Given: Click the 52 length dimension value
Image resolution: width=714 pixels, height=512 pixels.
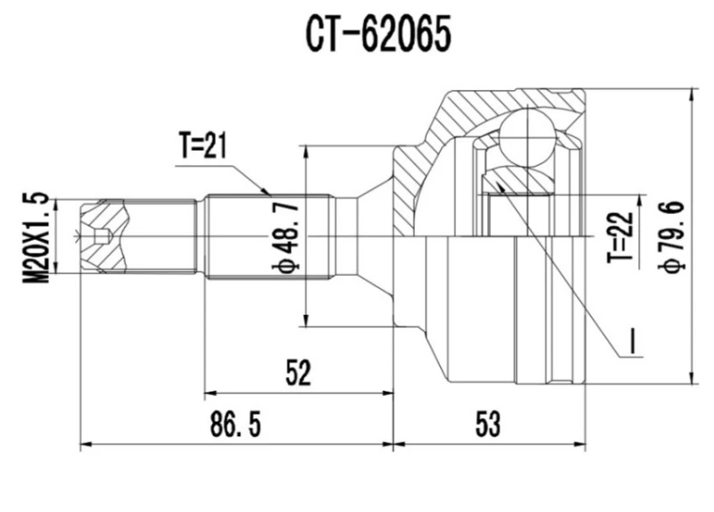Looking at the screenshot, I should click(298, 374).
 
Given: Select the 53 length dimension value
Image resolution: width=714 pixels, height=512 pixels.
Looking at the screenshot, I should click(487, 425).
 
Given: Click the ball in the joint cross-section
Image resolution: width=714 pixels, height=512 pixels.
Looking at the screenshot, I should click(527, 135).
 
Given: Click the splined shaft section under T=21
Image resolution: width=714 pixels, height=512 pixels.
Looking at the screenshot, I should click(268, 236).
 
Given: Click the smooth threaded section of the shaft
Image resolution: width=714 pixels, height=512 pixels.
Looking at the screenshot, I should click(161, 236).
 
